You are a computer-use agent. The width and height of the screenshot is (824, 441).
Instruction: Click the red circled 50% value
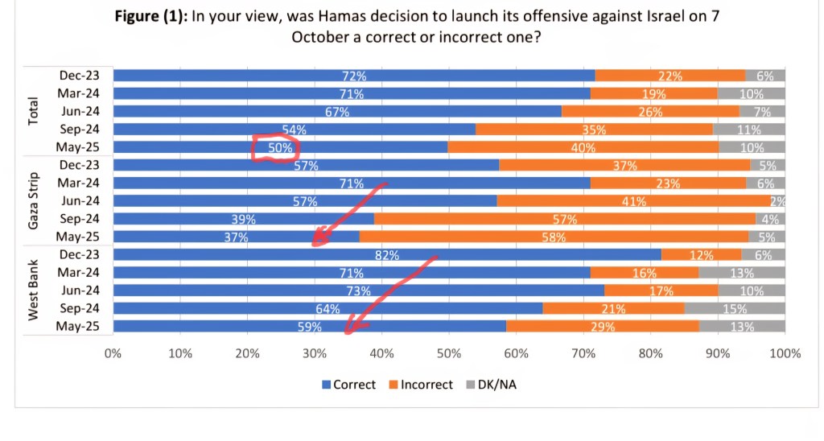(275, 148)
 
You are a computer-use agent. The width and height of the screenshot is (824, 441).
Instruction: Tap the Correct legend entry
(348, 385)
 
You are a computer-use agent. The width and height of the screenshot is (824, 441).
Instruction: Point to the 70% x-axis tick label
(583, 353)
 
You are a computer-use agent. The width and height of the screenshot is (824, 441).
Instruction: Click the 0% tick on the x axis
(113, 353)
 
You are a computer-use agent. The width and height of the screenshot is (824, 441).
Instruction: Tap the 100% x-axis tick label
(785, 353)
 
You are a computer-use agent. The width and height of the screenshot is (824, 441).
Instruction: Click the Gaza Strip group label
(34, 200)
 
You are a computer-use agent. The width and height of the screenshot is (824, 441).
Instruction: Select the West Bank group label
(34, 290)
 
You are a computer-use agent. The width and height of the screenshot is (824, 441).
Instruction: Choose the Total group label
(34, 111)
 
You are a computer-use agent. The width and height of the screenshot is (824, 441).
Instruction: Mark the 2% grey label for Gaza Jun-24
(777, 201)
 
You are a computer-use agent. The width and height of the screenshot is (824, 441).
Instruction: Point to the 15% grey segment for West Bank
(734, 308)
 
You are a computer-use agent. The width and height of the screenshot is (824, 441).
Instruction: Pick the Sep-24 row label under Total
(79, 130)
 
